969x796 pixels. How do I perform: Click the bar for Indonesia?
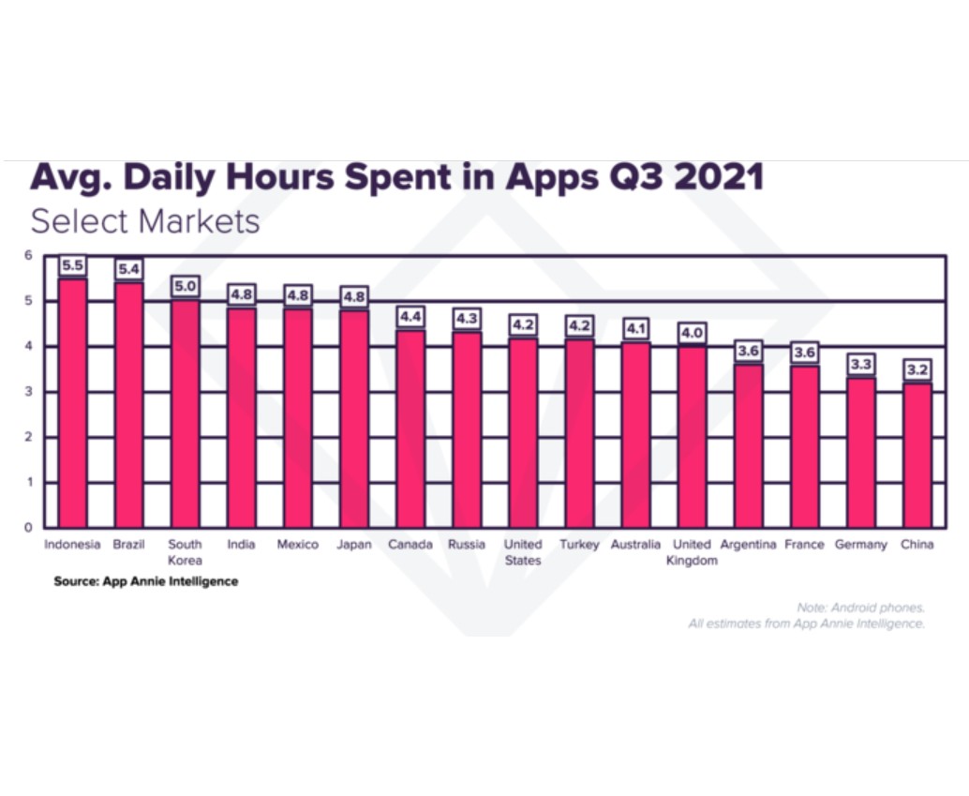[x=72, y=403]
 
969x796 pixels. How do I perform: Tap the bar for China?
[x=917, y=455]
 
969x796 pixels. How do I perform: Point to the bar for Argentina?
[x=748, y=446]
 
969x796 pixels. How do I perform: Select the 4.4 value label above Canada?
[x=410, y=316]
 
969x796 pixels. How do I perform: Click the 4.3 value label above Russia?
[x=467, y=319]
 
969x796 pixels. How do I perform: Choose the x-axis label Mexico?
[x=298, y=545]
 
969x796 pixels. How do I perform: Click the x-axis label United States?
[x=523, y=552]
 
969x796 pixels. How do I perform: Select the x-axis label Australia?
[x=635, y=545]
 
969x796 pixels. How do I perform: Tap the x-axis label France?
[x=804, y=545]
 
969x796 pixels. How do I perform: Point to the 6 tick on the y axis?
[x=28, y=255]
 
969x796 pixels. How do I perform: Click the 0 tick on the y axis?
[x=28, y=528]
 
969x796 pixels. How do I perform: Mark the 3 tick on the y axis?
[x=28, y=392]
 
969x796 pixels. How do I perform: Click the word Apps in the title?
[x=559, y=176]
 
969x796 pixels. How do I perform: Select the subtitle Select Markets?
[x=145, y=222]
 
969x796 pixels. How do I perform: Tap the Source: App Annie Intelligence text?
[x=145, y=581]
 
